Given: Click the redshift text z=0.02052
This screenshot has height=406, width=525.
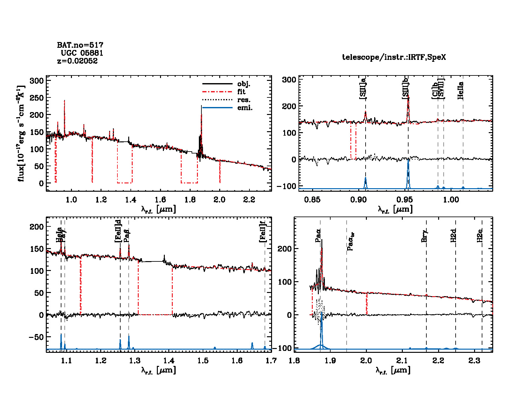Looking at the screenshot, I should click(77, 61).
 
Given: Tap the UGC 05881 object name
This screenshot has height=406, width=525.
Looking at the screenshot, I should click(82, 53).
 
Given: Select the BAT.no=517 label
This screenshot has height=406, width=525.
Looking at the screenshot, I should click(80, 45).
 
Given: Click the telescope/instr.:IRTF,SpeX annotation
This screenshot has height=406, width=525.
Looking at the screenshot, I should click(394, 57).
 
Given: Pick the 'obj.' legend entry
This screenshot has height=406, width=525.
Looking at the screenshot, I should click(244, 84).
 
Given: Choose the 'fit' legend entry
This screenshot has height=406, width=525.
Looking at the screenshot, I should click(241, 92).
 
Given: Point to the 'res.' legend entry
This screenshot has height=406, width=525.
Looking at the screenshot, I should click(244, 100).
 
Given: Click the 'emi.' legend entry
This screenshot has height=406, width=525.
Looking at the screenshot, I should click(245, 108).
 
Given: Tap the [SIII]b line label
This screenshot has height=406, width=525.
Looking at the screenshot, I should click(405, 90).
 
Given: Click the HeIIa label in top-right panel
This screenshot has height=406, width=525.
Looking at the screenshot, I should click(460, 91).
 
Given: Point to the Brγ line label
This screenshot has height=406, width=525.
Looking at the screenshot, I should click(424, 236).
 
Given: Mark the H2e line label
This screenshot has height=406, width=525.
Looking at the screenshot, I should click(480, 236).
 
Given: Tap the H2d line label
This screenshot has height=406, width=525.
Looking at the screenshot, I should click(453, 236).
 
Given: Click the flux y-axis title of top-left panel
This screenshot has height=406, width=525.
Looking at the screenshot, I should click(21, 134).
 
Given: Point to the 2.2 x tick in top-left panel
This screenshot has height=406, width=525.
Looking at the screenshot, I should click(249, 200).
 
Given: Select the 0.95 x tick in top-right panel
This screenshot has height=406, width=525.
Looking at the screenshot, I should click(405, 200).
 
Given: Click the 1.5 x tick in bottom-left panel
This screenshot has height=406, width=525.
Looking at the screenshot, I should click(203, 360).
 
